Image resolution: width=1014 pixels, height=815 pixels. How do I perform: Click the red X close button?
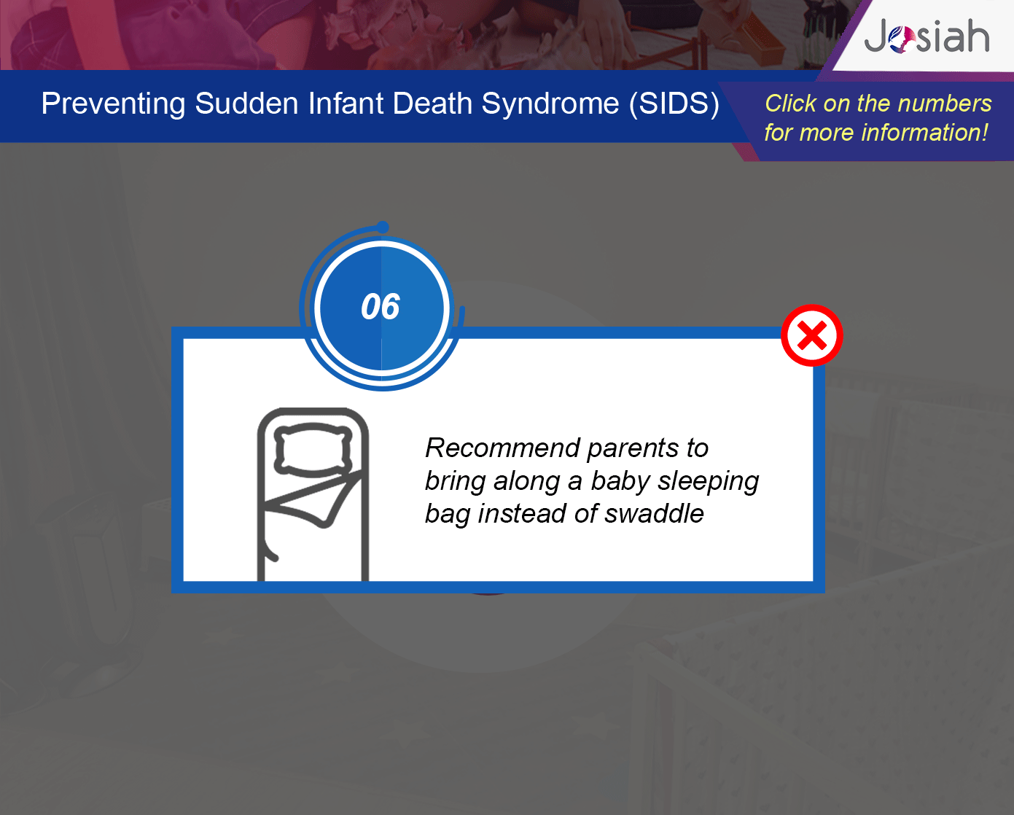[812, 335]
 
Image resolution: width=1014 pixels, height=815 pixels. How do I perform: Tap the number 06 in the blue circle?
[381, 307]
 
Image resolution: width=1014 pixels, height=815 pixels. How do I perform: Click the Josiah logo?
[927, 36]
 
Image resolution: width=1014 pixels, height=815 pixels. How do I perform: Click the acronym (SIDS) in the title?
[674, 104]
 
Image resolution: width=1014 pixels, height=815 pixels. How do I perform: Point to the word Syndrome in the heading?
[550, 104]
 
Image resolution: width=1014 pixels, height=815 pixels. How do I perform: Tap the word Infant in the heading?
[346, 104]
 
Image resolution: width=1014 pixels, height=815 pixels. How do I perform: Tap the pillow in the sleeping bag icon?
[313, 448]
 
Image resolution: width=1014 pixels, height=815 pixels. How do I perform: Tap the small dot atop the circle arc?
[383, 227]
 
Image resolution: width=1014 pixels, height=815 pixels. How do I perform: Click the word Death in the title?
[432, 104]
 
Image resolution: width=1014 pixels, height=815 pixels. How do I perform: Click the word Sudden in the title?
[246, 104]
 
